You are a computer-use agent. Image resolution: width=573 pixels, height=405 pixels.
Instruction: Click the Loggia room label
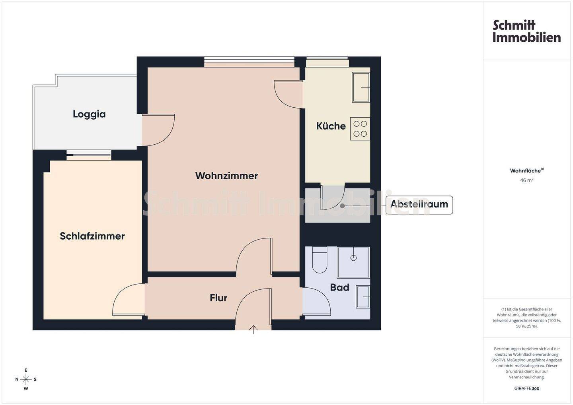point(89,114)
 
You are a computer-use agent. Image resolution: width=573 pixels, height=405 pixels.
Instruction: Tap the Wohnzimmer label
point(226,176)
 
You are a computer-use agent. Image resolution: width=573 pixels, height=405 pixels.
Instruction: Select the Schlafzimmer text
point(92,236)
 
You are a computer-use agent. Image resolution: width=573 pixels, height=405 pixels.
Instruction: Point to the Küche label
point(331,126)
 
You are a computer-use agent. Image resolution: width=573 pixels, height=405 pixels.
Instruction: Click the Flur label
point(218,298)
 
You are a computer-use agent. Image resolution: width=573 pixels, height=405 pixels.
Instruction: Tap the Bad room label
point(339,287)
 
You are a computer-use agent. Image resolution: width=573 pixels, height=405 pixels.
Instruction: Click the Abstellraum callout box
point(419,205)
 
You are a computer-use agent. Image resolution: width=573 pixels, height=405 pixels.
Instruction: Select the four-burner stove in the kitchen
point(360,129)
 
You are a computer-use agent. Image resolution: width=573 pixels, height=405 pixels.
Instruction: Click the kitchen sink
point(361,87)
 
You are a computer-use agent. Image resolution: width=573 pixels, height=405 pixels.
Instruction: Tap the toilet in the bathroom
point(320,260)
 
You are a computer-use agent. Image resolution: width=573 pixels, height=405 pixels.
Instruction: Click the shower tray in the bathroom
point(353,262)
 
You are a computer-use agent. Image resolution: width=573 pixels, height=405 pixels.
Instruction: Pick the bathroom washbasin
point(363,297)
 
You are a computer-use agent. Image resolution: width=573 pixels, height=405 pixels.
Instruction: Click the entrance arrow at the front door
point(253,329)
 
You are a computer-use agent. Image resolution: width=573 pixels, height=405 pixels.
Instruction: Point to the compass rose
point(26,380)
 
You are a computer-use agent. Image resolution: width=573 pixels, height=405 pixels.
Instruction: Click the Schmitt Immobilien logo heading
point(526,31)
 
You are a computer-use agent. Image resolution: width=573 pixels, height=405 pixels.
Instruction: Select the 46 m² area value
point(527,180)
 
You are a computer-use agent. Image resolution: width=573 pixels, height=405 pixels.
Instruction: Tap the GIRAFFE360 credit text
point(527,388)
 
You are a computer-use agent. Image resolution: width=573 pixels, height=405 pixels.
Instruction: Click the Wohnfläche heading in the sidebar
point(527,171)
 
